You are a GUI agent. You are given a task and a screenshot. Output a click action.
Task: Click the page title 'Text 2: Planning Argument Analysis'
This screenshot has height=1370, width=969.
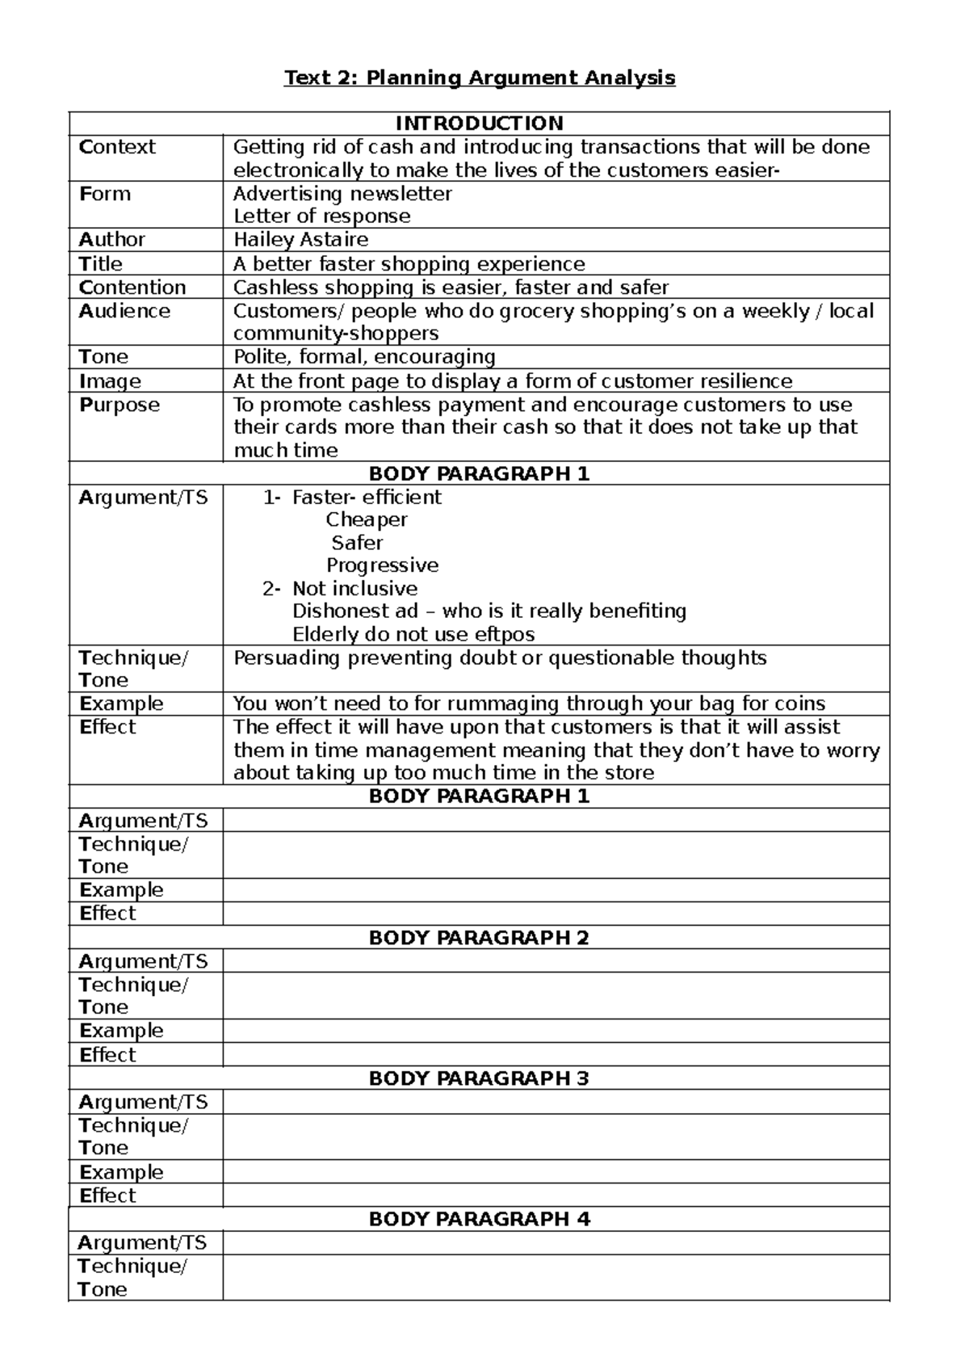(479, 78)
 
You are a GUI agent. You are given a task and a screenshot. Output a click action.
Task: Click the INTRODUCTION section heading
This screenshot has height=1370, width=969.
(479, 124)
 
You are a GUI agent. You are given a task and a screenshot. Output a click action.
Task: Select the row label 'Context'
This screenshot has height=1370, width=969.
(117, 147)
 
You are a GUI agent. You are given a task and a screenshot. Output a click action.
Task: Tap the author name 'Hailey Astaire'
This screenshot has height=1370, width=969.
(300, 239)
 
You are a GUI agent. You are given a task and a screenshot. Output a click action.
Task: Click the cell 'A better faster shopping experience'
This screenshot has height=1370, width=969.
(409, 264)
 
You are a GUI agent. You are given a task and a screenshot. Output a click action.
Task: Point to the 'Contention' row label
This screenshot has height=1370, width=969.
(132, 288)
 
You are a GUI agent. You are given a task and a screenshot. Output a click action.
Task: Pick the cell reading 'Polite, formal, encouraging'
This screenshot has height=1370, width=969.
(364, 357)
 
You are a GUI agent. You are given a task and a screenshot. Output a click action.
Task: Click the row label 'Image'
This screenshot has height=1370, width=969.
(110, 381)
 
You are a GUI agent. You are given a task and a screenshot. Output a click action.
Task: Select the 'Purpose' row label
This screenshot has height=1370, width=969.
(120, 405)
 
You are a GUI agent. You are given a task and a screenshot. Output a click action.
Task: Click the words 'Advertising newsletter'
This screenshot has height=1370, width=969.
(342, 194)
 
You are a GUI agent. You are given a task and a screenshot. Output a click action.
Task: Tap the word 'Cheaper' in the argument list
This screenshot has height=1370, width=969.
(367, 519)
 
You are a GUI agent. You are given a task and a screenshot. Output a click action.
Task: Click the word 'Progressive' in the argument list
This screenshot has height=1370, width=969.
(382, 565)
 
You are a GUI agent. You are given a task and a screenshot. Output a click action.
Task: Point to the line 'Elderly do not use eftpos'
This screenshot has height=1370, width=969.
(413, 634)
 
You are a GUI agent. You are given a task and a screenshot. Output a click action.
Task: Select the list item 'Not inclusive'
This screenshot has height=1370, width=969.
(354, 588)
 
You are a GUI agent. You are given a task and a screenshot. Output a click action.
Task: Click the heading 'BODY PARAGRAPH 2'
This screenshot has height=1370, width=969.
(479, 938)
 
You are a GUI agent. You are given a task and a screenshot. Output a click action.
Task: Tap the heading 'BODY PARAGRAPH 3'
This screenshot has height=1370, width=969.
(479, 1078)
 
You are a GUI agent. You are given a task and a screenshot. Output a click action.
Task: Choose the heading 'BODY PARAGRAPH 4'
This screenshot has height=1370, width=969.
(479, 1219)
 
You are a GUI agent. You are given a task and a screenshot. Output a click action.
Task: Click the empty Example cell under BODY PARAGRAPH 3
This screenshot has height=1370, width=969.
(556, 1172)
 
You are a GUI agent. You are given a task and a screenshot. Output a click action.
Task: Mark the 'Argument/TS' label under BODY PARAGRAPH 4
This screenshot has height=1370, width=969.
(143, 1243)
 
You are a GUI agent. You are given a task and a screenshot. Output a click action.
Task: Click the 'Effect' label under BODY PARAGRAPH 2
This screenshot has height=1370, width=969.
(107, 1055)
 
